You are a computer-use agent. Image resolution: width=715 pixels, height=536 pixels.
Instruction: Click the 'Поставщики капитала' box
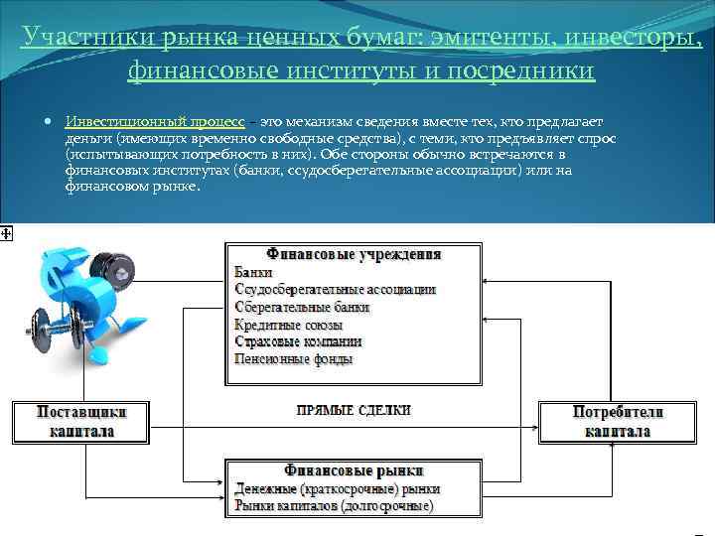80,421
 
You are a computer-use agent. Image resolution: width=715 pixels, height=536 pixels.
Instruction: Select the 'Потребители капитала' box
617,421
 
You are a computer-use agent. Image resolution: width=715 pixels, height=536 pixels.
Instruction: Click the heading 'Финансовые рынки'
354,470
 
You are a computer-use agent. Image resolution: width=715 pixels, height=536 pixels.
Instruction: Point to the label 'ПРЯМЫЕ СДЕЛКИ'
354,409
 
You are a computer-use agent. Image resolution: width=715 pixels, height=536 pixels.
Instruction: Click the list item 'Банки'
253,272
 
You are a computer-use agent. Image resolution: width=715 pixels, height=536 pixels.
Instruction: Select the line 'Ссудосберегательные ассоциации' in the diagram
335,290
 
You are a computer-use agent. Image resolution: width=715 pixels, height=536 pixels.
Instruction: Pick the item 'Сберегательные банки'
301,308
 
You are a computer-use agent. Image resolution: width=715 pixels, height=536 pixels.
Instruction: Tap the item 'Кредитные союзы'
288,325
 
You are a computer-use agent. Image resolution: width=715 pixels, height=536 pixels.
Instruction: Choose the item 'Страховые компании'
298,341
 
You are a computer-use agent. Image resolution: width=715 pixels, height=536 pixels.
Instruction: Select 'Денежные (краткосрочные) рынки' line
337,489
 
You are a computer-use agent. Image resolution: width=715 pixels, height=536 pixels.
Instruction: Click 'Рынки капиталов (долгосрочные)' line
334,506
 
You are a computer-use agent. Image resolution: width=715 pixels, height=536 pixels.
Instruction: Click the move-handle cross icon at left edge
6,232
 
